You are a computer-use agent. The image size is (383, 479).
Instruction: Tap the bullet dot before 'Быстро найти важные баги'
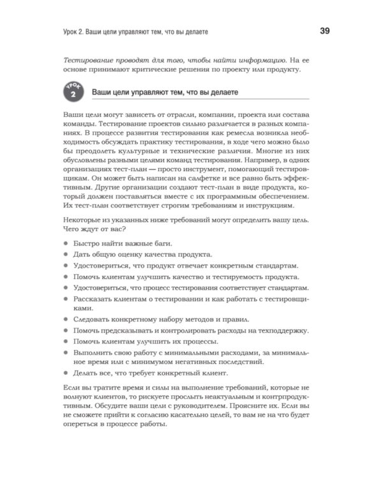click(x=68, y=244)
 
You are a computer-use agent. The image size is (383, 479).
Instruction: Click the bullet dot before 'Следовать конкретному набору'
click(x=68, y=319)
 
